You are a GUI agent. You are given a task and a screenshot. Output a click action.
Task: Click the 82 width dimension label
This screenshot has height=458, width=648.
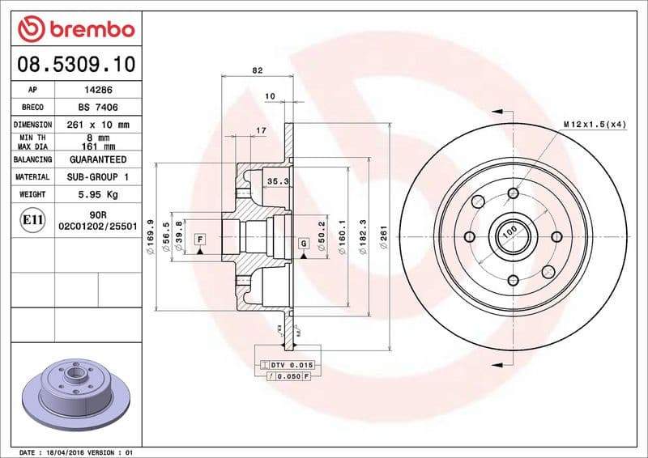[257, 71]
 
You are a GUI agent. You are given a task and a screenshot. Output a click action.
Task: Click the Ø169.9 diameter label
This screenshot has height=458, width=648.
[151, 235]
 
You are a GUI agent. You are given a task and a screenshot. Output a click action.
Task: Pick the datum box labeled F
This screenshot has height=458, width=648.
[198, 239]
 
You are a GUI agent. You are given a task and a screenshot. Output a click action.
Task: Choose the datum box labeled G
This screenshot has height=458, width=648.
[304, 243]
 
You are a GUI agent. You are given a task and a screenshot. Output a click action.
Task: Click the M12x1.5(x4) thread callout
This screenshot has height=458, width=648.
[595, 124]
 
